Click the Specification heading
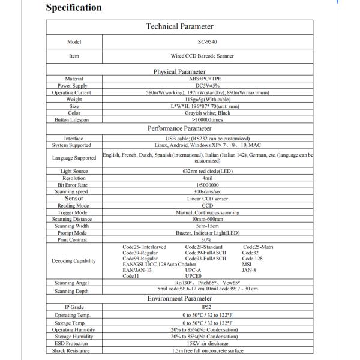74,8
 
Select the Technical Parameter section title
179,26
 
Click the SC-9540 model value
208,42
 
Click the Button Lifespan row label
74,119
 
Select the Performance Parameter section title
180,128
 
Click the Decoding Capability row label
74,261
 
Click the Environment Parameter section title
180,298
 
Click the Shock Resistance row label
74,350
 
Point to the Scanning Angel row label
74,283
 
